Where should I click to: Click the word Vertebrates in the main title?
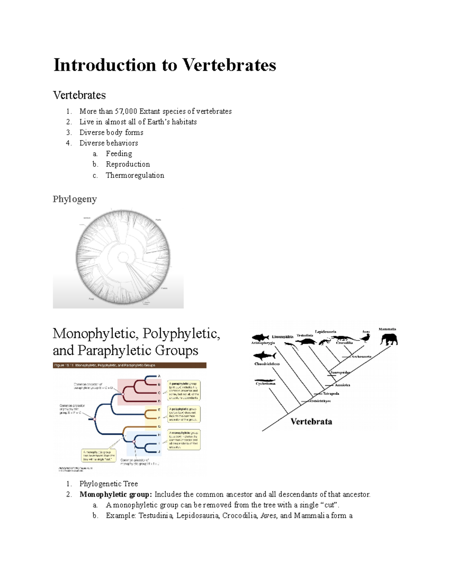(229, 65)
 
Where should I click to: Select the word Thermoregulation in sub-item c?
(135, 175)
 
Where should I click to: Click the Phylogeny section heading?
(75, 199)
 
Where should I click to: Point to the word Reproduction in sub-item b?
(127, 164)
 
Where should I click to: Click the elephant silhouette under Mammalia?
(388, 339)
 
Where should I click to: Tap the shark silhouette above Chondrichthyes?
(264, 355)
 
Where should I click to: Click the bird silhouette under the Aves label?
(365, 338)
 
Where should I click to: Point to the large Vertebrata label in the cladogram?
(311, 422)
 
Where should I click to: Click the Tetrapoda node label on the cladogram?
(331, 393)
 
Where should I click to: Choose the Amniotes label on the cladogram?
(342, 385)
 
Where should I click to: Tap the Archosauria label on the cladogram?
(361, 356)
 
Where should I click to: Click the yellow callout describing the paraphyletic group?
(184, 390)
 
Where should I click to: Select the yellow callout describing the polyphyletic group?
(184, 414)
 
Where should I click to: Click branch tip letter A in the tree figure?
(159, 376)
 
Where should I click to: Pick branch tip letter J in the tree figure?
(159, 452)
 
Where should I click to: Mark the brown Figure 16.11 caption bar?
(129, 365)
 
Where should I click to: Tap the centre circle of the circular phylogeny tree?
(123, 257)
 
